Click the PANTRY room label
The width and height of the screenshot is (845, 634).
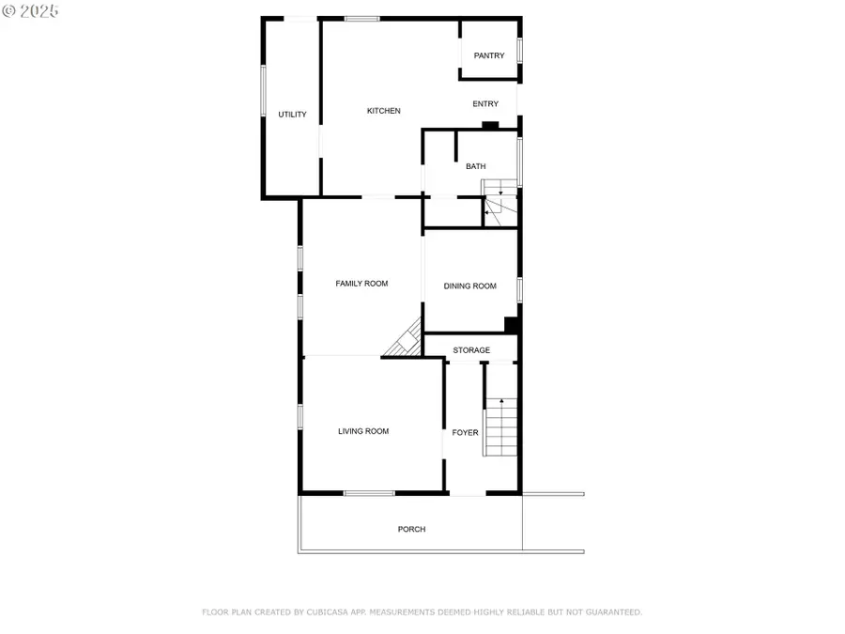tap(488, 56)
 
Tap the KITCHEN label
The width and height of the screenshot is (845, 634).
tap(383, 111)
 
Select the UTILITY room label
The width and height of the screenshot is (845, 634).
tap(292, 115)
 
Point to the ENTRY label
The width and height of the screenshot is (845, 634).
tap(485, 104)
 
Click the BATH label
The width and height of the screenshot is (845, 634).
tap(476, 167)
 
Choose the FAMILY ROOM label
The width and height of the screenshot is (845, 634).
tap(361, 284)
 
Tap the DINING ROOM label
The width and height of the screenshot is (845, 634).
tap(469, 286)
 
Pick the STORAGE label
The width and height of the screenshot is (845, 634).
tap(471, 350)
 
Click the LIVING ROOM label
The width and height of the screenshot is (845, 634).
tap(363, 432)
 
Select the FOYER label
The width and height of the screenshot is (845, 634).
tap(465, 433)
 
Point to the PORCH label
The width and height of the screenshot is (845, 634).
tap(411, 530)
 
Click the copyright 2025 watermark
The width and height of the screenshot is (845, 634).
tap(30, 10)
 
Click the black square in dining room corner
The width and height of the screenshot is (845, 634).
tap(512, 325)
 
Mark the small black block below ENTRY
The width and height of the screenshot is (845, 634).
tap(489, 125)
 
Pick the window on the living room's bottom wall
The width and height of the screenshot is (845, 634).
tap(368, 493)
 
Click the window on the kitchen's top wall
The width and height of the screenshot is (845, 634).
tap(361, 19)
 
